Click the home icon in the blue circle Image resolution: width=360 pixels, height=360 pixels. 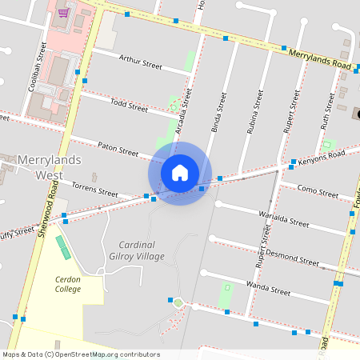tap(180, 173)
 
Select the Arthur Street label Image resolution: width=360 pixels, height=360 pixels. tap(140, 61)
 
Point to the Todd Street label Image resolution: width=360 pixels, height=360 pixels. tap(129, 105)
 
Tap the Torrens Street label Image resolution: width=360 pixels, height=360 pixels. tap(94, 190)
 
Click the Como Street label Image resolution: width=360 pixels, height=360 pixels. tap(318, 191)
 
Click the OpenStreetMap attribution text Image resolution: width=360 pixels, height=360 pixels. tap(81, 354)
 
